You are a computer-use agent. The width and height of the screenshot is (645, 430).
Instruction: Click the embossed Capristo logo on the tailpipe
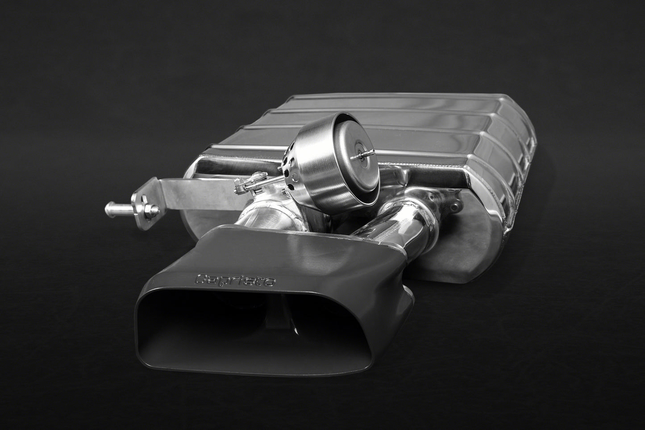(x=236, y=280)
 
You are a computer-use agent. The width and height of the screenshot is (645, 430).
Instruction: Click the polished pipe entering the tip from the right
(x=393, y=223)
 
